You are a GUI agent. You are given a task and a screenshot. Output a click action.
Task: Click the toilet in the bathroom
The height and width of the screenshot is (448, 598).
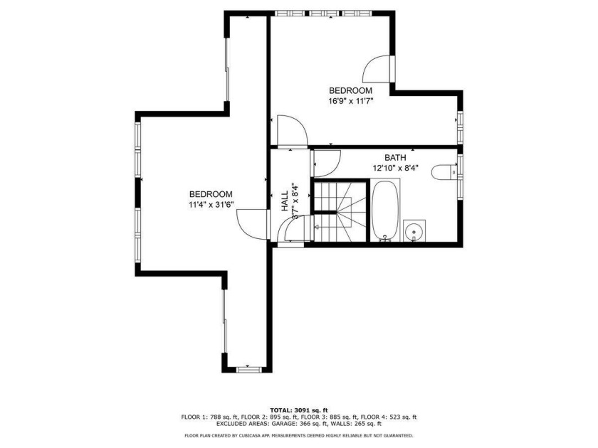[444, 172]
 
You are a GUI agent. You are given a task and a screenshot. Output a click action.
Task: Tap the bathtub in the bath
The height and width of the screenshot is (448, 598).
[385, 210]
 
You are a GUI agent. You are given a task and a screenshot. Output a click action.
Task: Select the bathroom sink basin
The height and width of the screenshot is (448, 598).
[414, 231]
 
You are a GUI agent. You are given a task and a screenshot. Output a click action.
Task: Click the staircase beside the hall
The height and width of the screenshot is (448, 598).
[340, 211]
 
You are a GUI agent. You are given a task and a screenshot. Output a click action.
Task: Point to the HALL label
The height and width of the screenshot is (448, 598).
[285, 201]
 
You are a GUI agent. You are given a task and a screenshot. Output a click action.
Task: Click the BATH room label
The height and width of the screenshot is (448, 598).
[395, 158]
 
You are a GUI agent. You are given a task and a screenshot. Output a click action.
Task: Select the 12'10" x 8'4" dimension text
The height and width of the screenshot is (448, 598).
[395, 168]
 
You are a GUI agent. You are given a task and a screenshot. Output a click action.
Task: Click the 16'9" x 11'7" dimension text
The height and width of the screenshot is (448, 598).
[350, 101]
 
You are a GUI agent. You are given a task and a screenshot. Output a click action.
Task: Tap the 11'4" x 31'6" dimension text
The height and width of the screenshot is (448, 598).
[211, 205]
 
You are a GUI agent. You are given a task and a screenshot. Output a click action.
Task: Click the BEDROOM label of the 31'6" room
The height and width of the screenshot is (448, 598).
[211, 194]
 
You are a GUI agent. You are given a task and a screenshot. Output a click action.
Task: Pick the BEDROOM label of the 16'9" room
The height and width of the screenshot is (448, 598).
[350, 91]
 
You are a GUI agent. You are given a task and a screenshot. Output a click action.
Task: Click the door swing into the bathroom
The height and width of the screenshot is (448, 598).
[325, 164]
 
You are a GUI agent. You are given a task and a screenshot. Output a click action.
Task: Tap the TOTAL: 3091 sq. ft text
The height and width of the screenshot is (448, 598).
[299, 410]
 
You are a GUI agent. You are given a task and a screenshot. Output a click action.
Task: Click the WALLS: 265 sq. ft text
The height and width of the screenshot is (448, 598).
[362, 424]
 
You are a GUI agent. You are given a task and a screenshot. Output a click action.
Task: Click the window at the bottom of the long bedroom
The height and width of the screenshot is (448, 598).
[249, 369]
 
